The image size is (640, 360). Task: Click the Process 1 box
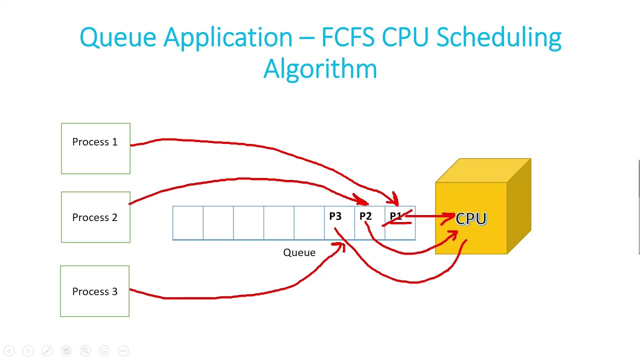[x=95, y=148]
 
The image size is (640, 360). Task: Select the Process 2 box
[x=95, y=217]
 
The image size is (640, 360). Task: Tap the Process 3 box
[x=94, y=291]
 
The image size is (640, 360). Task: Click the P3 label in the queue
[x=335, y=216]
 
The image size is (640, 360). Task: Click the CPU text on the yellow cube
[x=471, y=219]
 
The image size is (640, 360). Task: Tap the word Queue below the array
[x=299, y=252]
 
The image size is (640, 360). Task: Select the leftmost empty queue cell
[x=188, y=223]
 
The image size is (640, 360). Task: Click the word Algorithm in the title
[x=320, y=68]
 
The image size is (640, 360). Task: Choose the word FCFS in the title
[x=348, y=37]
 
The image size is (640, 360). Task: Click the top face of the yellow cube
[x=482, y=170]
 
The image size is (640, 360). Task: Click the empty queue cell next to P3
[x=309, y=223]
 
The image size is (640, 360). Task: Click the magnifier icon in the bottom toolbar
[x=85, y=351]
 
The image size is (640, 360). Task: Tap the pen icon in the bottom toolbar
[x=47, y=351]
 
